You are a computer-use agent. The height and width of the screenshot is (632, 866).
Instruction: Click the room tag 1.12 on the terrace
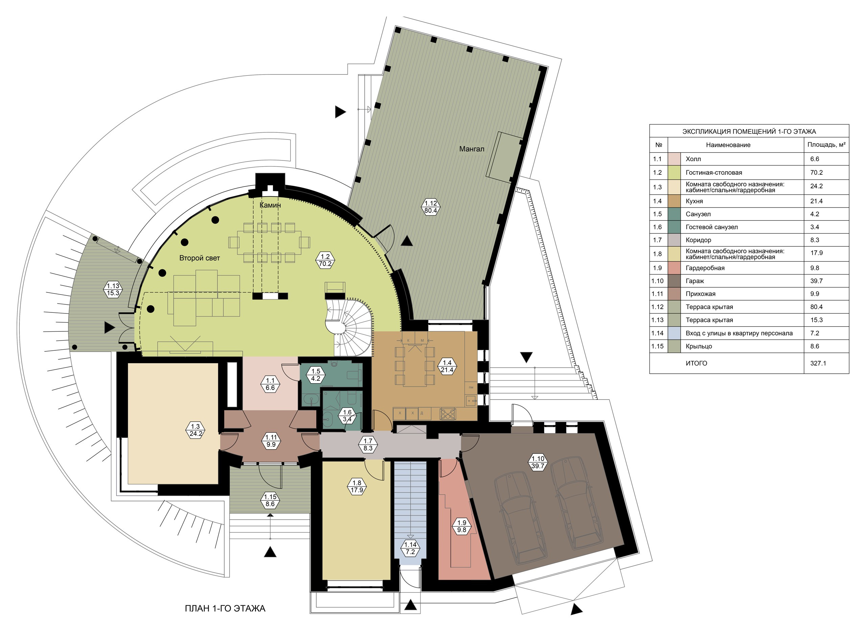431,207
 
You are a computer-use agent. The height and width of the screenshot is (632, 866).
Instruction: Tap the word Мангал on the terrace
472,149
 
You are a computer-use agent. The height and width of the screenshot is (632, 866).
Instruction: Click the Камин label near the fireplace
270,205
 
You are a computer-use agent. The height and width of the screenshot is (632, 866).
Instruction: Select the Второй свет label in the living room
200,258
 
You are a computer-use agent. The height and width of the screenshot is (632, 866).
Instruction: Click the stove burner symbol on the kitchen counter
448,414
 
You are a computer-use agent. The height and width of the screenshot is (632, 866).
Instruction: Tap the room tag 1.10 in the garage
538,462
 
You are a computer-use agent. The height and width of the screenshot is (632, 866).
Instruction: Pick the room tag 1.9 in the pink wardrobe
461,526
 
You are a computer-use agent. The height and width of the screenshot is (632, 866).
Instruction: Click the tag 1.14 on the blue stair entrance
410,548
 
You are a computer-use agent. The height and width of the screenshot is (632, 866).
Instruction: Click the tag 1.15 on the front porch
270,500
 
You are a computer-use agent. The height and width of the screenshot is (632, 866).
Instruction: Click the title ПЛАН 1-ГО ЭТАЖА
225,608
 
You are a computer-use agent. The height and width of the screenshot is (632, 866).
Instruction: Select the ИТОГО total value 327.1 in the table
818,364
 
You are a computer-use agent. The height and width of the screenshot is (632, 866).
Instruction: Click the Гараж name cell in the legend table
695,281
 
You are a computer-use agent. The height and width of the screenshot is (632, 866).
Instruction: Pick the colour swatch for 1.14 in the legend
675,333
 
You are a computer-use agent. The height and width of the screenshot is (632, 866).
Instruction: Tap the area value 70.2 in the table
816,173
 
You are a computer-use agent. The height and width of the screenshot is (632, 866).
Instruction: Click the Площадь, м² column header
826,145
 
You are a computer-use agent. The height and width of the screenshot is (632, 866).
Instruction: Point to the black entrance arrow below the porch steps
270,552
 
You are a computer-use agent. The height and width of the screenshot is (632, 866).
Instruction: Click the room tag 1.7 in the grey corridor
368,444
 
